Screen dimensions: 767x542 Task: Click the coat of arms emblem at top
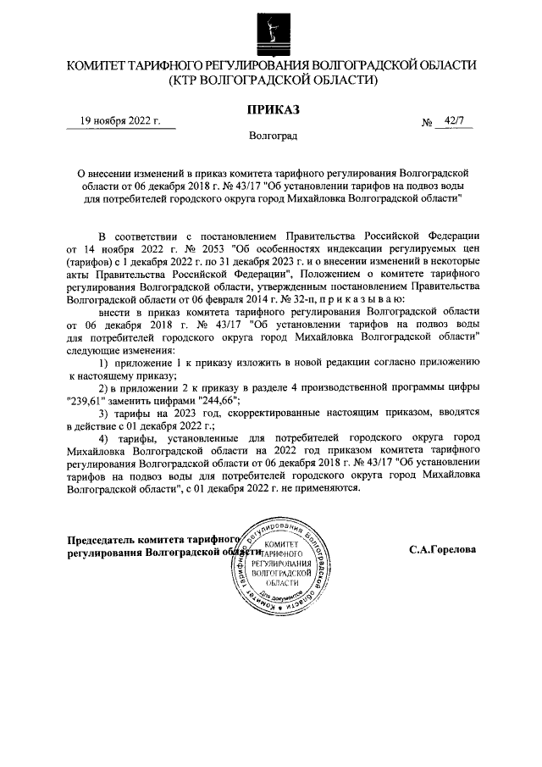pyautogui.click(x=271, y=31)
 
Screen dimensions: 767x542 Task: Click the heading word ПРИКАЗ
pyautogui.click(x=271, y=108)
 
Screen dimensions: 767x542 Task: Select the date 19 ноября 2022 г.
pyautogui.click(x=120, y=121)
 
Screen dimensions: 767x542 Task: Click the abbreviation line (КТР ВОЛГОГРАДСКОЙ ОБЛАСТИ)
pyautogui.click(x=272, y=81)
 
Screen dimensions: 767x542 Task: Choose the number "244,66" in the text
pyautogui.click(x=213, y=400)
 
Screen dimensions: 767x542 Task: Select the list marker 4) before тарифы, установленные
pyautogui.click(x=105, y=438)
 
